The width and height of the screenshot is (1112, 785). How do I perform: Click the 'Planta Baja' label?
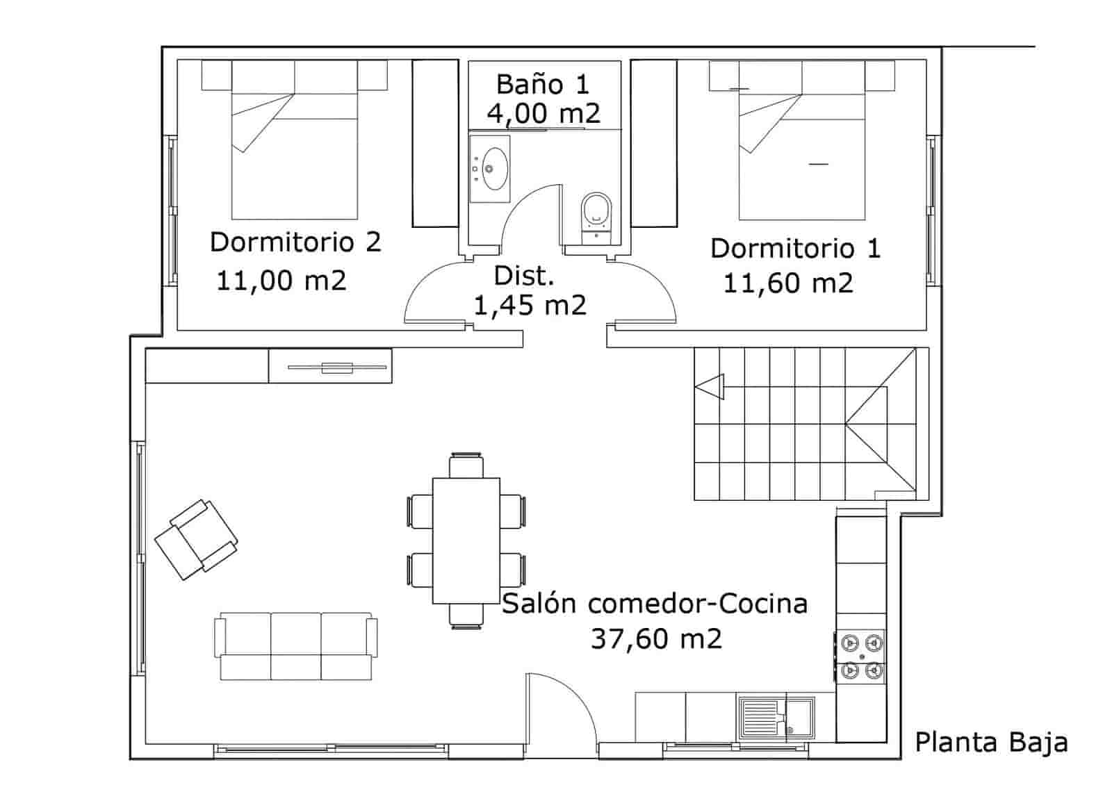990,742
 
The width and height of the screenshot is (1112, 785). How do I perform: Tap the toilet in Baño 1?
596,210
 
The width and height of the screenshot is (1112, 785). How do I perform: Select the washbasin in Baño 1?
491,169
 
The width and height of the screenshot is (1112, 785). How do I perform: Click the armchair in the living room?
196,538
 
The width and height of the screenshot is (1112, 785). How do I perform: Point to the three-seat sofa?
295,646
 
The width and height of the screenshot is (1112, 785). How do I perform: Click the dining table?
466,540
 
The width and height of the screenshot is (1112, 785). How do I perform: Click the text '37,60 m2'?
656,638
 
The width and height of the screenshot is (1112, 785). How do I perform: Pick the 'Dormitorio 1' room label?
795,248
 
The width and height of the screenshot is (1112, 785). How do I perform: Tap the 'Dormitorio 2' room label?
295,242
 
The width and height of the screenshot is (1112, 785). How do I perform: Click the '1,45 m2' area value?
530,305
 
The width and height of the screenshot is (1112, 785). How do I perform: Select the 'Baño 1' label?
542,84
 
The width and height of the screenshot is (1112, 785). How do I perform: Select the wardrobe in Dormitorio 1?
653,142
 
